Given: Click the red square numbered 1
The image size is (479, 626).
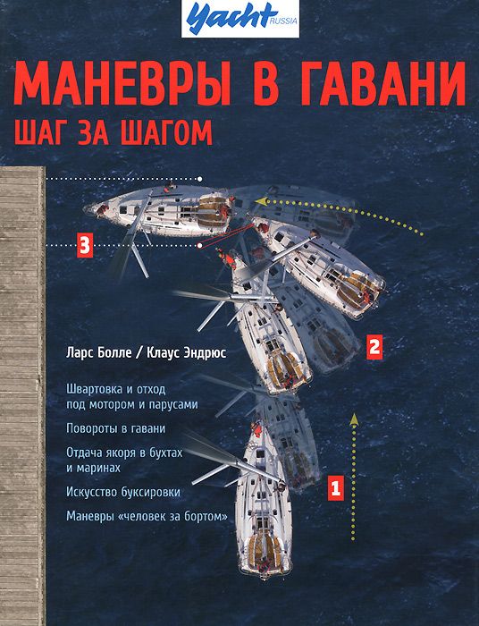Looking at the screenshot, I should (335, 488).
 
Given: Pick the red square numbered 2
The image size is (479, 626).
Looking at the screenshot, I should (375, 346).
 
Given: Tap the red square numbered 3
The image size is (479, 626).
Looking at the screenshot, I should (84, 243).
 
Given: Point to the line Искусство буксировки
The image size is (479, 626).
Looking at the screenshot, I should (122, 492).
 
